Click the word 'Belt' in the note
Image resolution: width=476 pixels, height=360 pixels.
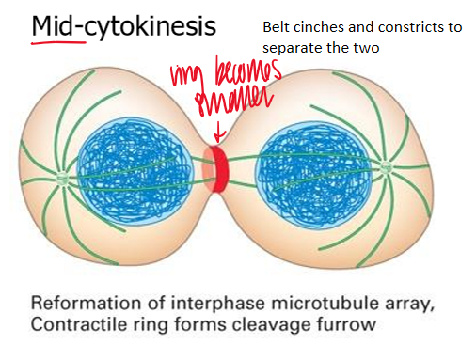[x=278, y=26]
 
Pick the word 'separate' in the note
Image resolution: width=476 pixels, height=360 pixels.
[x=292, y=44]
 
